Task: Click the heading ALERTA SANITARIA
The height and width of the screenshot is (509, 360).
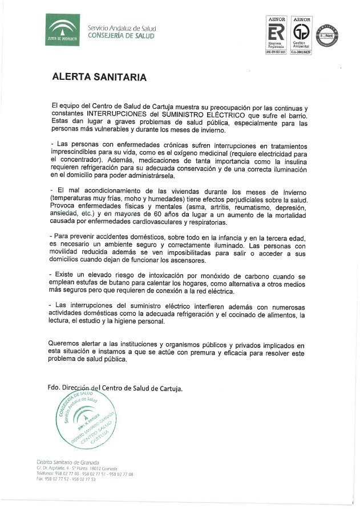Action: pos(99,77)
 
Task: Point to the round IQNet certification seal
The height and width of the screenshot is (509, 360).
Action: pos(327,36)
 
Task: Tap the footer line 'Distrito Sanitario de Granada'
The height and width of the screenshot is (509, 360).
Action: pos(68,462)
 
